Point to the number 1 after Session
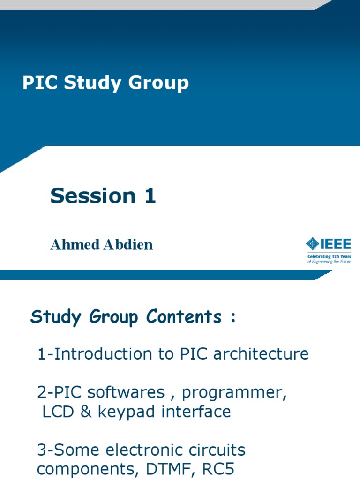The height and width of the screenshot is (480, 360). (150, 195)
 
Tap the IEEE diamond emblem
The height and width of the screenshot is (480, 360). (312, 244)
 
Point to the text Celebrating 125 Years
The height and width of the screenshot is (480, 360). (329, 257)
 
